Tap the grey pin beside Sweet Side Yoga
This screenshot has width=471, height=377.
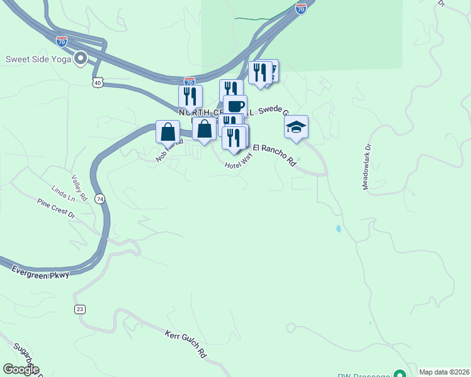click(81, 59)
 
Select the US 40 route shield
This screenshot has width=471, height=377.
click(97, 83)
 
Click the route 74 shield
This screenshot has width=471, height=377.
click(99, 199)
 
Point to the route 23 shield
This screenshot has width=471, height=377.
click(79, 309)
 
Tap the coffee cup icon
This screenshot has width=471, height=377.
click(235, 106)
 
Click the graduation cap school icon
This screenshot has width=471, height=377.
click(296, 127)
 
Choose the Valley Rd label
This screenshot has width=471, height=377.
click(78, 184)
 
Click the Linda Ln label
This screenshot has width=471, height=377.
click(63, 193)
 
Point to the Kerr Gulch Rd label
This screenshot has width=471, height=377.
click(186, 345)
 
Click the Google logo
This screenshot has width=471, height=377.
click(21, 369)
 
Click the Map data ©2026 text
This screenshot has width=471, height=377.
click(444, 372)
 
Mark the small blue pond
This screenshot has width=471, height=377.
click(339, 229)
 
